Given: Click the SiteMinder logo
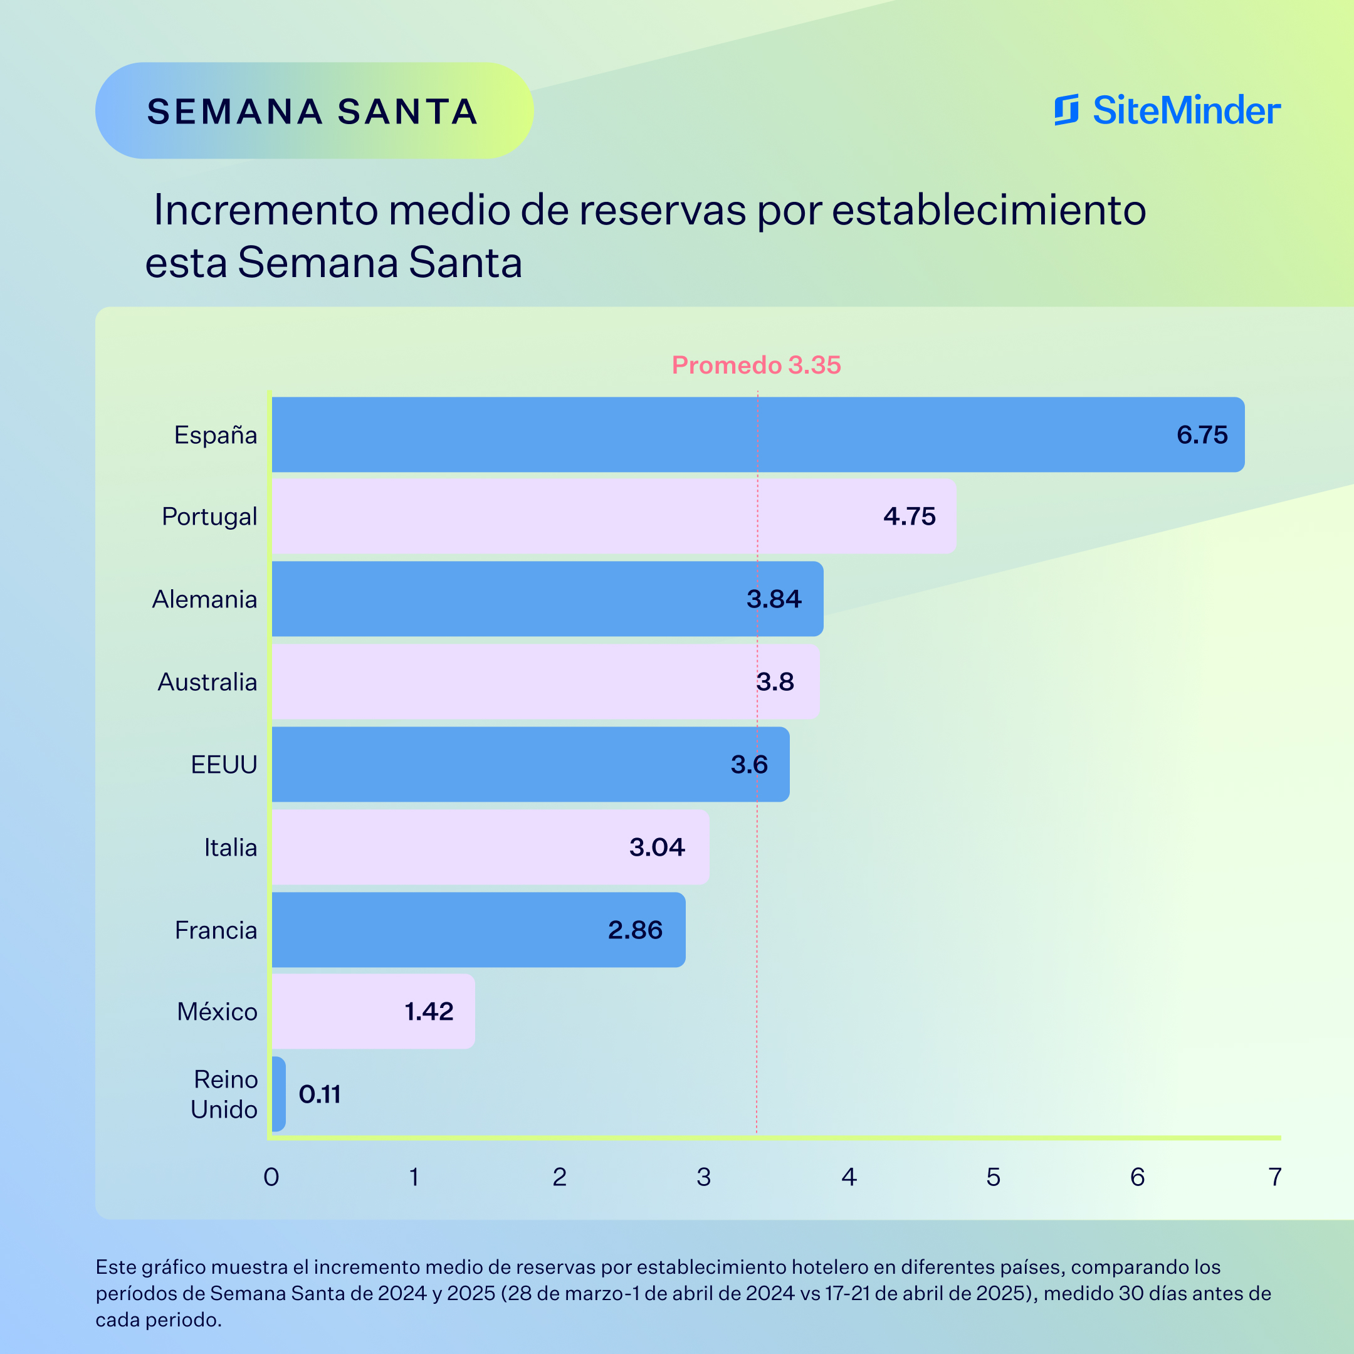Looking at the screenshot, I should pos(1167,111).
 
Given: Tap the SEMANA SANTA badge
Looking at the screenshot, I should pos(313,111).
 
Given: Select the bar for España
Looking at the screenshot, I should pos(757,434).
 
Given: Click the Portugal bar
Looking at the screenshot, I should pos(613,517).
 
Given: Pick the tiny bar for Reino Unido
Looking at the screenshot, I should pos(278,1093).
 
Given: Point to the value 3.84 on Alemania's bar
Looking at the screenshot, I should pos(774,599).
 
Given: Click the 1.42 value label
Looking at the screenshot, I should pos(429,1011).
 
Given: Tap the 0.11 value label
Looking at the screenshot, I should pos(320,1094).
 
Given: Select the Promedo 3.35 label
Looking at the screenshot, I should pos(755,365).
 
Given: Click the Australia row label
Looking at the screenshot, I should pos(207,682).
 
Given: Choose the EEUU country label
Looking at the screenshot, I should pos(224,765).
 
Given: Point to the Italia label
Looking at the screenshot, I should pos(231,848).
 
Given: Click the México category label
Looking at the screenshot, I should pos(218,1012).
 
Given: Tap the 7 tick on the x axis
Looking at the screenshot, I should pos(1275,1177).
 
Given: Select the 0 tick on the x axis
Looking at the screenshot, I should pos(271,1177).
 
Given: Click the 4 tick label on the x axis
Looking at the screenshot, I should pos(849,1177).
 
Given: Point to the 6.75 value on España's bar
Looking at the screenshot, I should pos(1202,434).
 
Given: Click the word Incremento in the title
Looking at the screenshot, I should pos(266,209).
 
